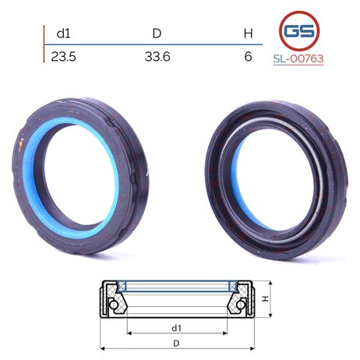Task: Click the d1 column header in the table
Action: (63, 34)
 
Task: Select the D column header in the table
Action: (157, 34)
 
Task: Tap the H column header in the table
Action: (248, 34)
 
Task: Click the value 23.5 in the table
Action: (64, 56)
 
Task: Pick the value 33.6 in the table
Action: (157, 56)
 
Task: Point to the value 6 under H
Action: (248, 56)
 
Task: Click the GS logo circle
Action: (299, 31)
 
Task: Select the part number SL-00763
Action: (298, 58)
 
